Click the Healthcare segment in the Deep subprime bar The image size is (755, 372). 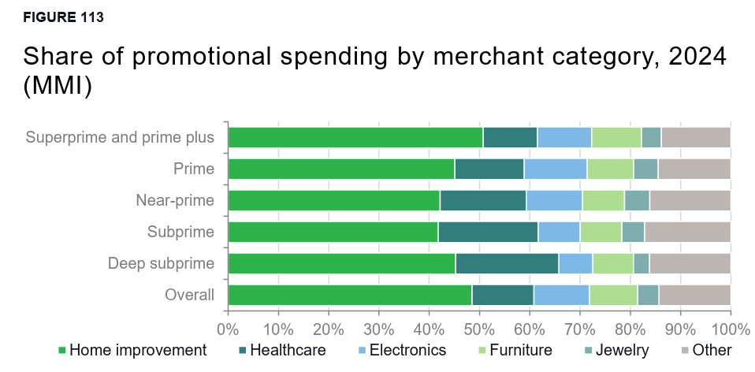pos(506,263)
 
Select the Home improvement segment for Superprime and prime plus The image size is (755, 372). pos(355,137)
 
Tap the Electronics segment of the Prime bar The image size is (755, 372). pos(555,169)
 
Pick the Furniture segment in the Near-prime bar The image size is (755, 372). pos(603,200)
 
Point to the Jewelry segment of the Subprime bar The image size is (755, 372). pos(633,232)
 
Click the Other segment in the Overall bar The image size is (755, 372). pos(694,295)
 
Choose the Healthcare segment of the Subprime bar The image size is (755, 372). pos(487,232)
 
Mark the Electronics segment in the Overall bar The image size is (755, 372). pos(561,295)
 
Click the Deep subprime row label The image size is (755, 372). pos(161,263)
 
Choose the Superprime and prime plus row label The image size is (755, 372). pos(120,137)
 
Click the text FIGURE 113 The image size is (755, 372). pos(63,17)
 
